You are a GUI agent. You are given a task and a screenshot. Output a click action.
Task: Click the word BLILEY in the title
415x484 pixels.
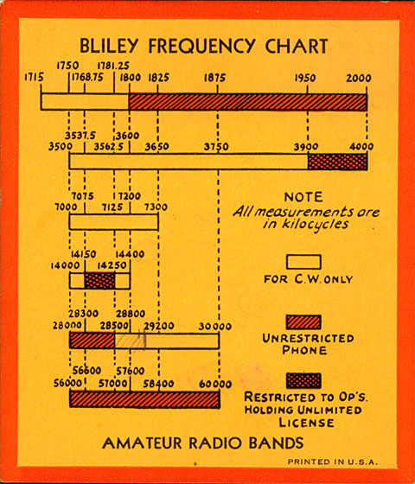[109, 46]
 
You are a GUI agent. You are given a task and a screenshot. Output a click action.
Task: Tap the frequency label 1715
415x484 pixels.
[34, 77]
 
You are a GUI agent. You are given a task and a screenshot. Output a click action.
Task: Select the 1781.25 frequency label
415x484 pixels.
[113, 66]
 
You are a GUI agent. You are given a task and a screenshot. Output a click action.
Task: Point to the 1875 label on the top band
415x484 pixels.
[215, 78]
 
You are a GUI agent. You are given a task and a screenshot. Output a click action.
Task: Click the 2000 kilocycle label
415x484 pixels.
[359, 78]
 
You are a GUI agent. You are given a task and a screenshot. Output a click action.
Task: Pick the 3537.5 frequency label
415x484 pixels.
[80, 136]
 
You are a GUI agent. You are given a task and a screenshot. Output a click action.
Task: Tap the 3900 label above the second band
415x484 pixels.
[306, 147]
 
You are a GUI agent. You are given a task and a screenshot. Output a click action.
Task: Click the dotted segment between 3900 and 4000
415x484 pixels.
[337, 162]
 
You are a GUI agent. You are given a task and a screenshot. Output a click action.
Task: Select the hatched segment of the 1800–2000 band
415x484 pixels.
[248, 102]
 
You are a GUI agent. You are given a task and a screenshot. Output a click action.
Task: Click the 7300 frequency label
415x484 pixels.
[156, 207]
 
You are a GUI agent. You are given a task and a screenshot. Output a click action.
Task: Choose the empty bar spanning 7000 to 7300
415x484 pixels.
[113, 222]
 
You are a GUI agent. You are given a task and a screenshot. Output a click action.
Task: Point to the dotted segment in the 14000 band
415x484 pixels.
[99, 281]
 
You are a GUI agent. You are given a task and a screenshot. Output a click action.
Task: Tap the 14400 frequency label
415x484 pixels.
[130, 254]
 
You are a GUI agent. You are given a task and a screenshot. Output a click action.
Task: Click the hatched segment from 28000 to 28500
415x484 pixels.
[92, 341]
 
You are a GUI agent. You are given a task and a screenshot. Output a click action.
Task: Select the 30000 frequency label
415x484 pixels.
[215, 327]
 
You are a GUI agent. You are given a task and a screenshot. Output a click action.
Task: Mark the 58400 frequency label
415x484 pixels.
[158, 384]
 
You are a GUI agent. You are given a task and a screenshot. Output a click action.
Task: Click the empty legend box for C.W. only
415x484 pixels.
[303, 262]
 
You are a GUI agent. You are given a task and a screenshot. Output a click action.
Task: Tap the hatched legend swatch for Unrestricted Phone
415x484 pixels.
[303, 322]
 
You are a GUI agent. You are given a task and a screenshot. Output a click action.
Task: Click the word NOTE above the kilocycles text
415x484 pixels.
[303, 197]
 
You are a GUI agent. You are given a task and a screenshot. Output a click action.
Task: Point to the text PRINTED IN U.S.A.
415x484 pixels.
[333, 462]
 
